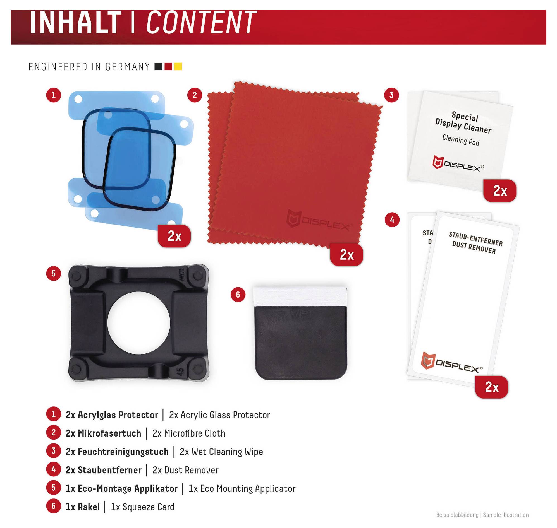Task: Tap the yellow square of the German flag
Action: pyautogui.click(x=178, y=67)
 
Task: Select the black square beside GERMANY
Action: pyautogui.click(x=158, y=67)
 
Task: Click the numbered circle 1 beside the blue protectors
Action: pyautogui.click(x=54, y=95)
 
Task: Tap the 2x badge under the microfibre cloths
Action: pyautogui.click(x=346, y=255)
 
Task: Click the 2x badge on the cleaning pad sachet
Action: pyautogui.click(x=500, y=191)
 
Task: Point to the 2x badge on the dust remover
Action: pyautogui.click(x=492, y=387)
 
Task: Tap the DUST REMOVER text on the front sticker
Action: pyautogui.click(x=474, y=247)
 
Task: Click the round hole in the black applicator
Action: pyautogui.click(x=138, y=323)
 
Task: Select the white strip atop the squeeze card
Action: pyautogui.click(x=300, y=297)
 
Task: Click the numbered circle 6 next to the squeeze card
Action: pyautogui.click(x=238, y=295)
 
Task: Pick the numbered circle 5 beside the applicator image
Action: pyautogui.click(x=54, y=274)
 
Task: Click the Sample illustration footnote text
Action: pyautogui.click(x=506, y=515)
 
